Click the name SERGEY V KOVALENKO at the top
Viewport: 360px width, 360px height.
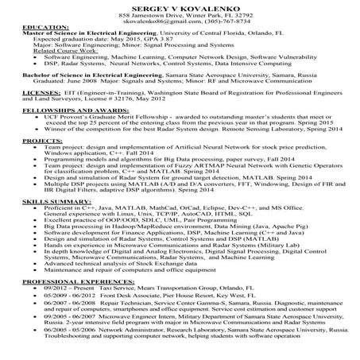180,7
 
